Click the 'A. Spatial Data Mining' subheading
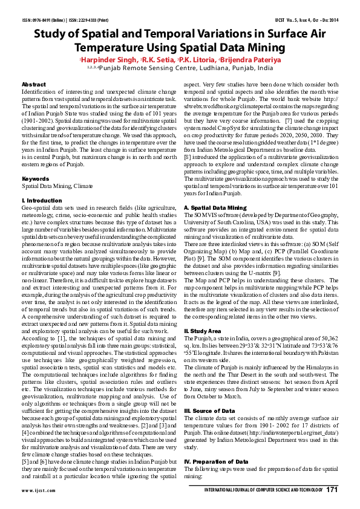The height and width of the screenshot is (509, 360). pos(215,208)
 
